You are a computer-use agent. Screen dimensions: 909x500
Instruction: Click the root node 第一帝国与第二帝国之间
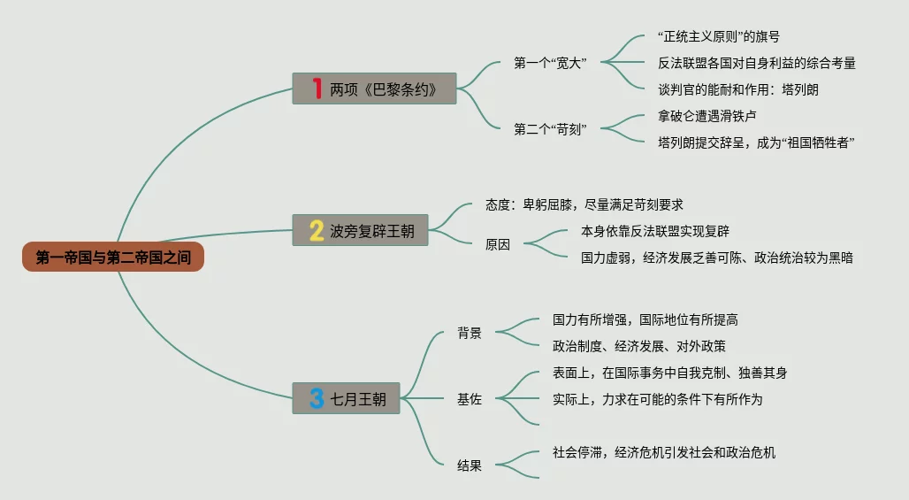pos(113,257)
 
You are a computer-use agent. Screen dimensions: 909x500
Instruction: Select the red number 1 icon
pos(317,88)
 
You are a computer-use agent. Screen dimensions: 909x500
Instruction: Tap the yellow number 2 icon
pos(317,230)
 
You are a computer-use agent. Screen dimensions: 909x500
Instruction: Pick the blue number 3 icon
pos(317,398)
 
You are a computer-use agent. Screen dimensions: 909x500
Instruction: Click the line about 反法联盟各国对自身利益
pos(756,63)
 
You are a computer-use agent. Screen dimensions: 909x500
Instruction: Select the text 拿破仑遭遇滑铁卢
pos(707,116)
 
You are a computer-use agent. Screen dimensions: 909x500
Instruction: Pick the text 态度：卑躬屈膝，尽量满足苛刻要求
pos(584,204)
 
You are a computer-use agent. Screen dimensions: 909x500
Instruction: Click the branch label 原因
pos(498,245)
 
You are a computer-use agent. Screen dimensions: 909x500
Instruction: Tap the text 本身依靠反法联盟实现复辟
pos(655,231)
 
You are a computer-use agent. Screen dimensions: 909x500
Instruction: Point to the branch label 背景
pos(470,333)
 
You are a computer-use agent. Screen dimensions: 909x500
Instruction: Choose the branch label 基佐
pos(470,399)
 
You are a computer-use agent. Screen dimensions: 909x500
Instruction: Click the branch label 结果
pos(470,465)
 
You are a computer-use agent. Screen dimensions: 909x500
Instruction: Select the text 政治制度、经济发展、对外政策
pos(639,346)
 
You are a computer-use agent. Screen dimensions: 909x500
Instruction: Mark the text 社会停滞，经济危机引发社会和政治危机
pos(664,452)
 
